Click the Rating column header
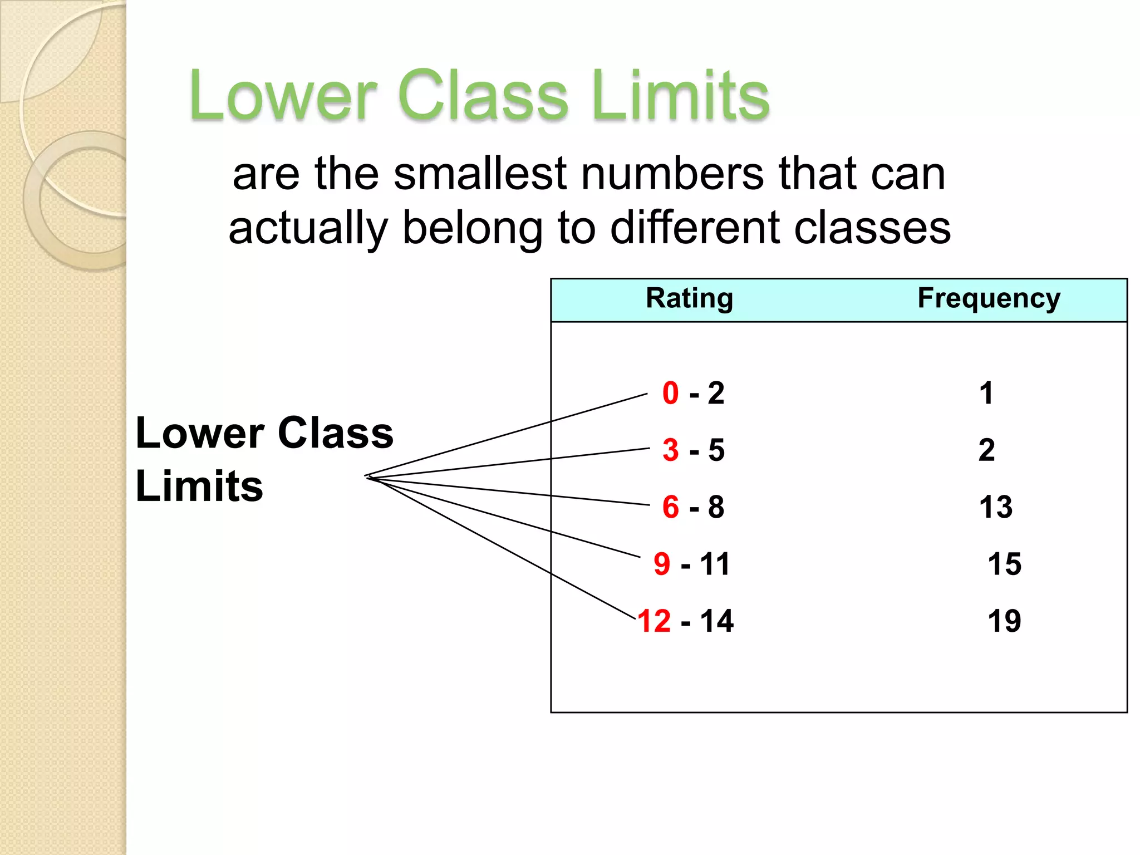(689, 298)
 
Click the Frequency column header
(989, 298)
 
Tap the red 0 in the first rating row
(671, 393)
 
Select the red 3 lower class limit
(671, 450)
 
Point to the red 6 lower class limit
(671, 507)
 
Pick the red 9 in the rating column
(662, 564)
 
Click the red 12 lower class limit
(654, 621)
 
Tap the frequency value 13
(995, 507)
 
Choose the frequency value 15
(1004, 564)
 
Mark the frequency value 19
(1004, 621)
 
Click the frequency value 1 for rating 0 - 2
(986, 393)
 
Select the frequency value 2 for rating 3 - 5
(986, 450)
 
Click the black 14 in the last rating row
(717, 621)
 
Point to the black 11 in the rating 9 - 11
(715, 564)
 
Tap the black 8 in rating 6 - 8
(716, 507)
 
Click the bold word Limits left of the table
(199, 486)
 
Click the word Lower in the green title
(283, 96)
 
